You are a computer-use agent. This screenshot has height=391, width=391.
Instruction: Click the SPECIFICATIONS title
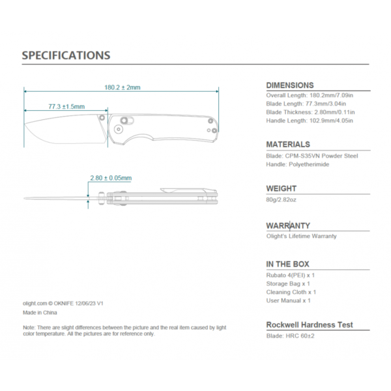click(66, 55)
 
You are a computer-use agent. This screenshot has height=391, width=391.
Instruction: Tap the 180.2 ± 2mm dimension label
click(123, 87)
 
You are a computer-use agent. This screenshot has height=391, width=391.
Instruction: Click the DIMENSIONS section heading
click(290, 85)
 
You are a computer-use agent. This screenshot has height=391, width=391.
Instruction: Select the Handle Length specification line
click(309, 121)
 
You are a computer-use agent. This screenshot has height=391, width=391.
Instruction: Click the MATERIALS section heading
click(288, 145)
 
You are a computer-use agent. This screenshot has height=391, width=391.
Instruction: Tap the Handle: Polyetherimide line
click(298, 164)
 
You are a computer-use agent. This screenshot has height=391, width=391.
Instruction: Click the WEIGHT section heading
click(282, 188)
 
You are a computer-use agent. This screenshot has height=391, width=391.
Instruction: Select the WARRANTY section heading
click(288, 225)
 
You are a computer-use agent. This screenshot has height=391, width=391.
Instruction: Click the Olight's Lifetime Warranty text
click(302, 236)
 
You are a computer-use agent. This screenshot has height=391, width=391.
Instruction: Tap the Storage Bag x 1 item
click(288, 283)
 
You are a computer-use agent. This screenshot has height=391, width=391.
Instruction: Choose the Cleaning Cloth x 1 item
click(291, 292)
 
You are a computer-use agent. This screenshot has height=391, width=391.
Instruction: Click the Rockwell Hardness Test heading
click(310, 325)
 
